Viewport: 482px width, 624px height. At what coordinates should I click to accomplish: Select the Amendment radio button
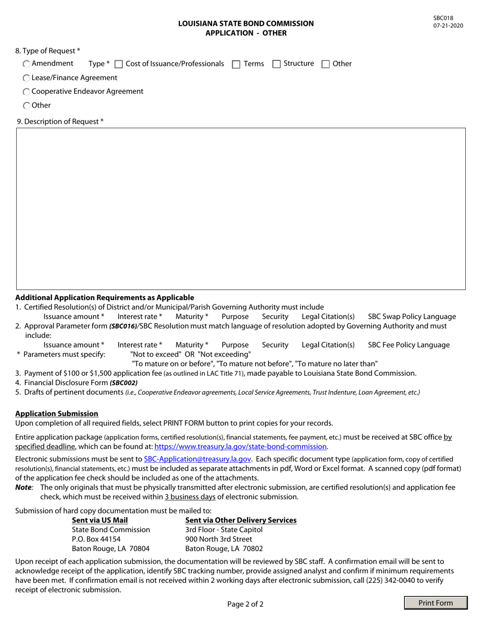(x=26, y=64)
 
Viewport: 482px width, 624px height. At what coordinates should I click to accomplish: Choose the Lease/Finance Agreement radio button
(x=26, y=78)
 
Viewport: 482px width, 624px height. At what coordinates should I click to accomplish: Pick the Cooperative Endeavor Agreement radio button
(x=26, y=92)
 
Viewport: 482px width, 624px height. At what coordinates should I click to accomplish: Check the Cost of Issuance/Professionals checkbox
(x=119, y=64)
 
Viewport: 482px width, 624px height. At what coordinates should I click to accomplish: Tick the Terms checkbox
(x=236, y=64)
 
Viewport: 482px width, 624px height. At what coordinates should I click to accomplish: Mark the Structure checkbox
(x=277, y=64)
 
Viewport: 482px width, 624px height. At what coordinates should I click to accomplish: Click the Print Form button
(x=435, y=603)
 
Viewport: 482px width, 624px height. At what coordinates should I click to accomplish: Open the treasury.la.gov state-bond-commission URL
(x=240, y=446)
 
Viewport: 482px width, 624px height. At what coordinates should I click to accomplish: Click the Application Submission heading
(x=57, y=413)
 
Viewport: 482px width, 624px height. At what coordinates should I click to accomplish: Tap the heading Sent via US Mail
(x=100, y=520)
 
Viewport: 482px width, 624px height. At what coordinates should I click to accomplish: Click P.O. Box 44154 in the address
(x=96, y=539)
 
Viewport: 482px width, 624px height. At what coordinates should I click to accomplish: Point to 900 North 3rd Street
(x=219, y=539)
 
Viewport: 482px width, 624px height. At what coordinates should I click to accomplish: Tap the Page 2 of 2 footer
(x=245, y=604)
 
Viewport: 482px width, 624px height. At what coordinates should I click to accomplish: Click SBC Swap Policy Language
(x=411, y=316)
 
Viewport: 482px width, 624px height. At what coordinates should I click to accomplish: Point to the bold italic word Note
(x=23, y=487)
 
